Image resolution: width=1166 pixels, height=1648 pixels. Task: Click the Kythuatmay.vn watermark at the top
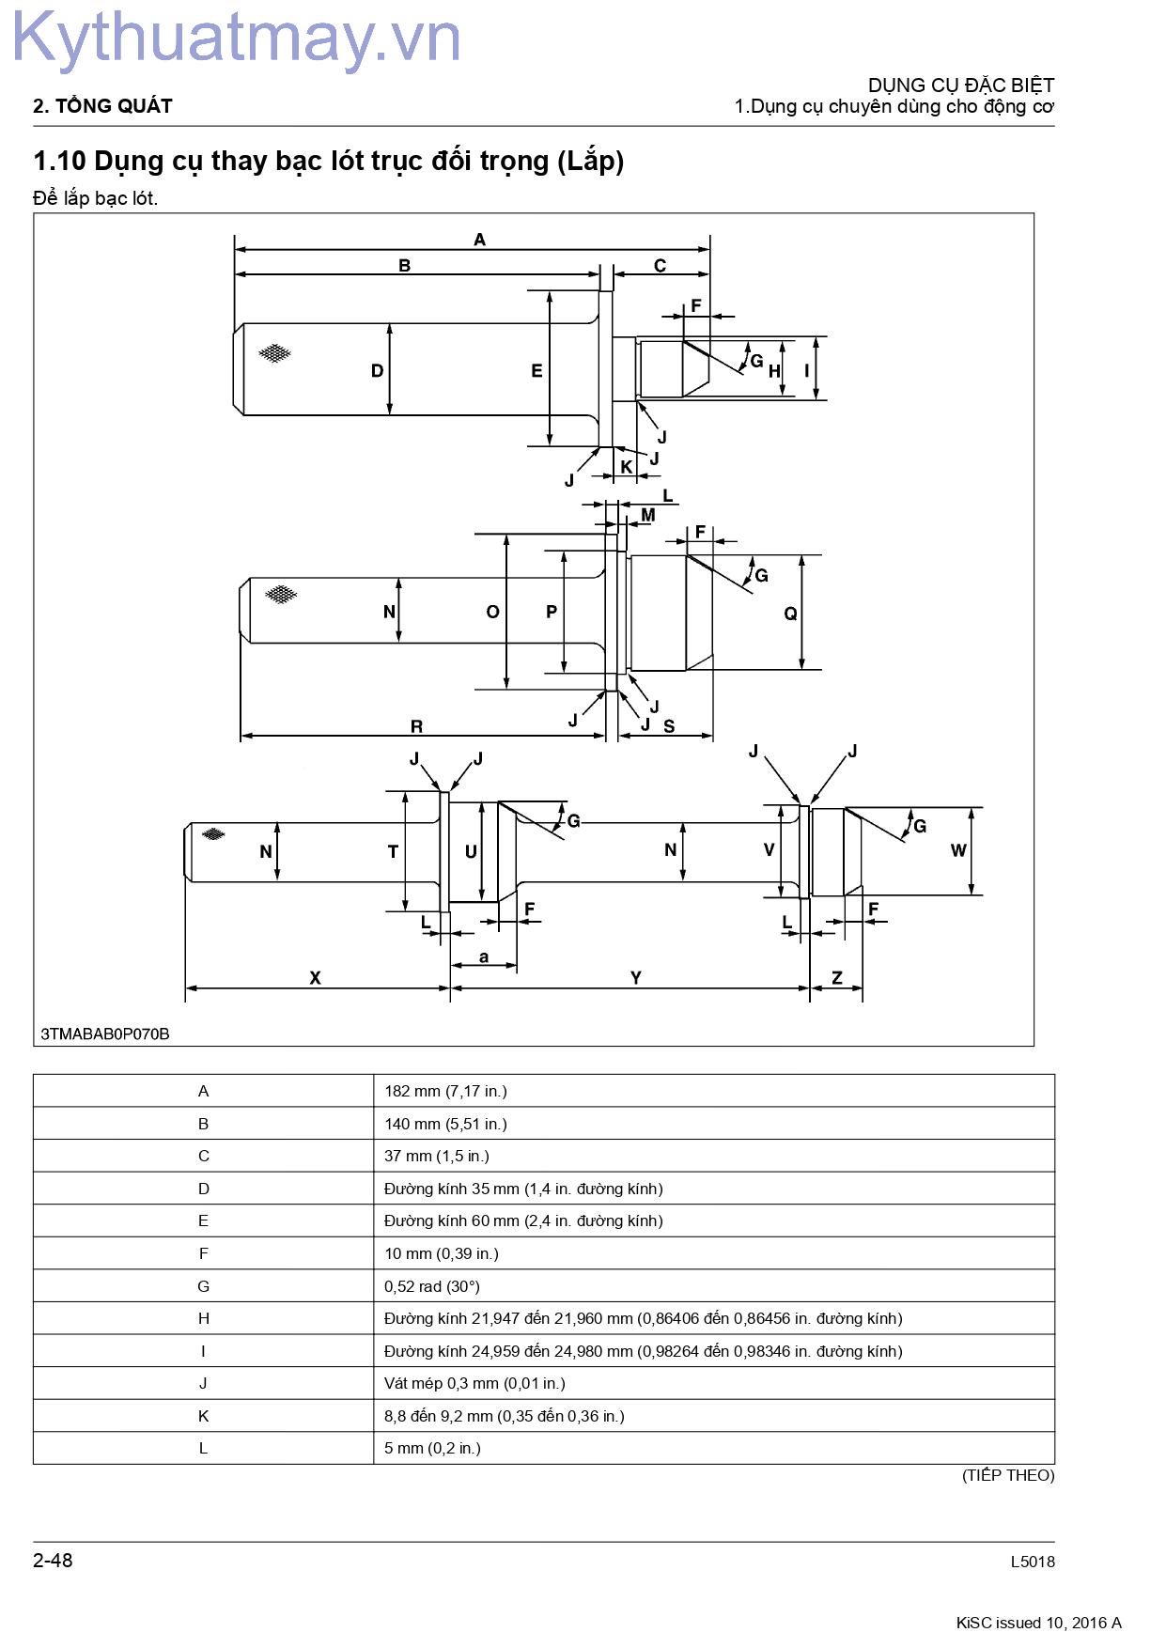(x=236, y=40)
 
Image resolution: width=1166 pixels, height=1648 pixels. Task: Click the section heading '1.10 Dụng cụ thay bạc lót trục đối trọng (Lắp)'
(x=329, y=162)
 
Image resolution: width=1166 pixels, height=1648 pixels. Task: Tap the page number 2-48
(x=53, y=1561)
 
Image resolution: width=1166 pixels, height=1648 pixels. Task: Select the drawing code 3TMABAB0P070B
(x=105, y=1034)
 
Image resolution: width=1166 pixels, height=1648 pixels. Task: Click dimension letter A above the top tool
(x=479, y=240)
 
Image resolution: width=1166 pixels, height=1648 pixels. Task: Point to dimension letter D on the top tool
(x=377, y=371)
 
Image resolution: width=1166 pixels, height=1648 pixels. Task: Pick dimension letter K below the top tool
(x=627, y=467)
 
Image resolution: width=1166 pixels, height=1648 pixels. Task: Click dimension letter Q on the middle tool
(x=790, y=614)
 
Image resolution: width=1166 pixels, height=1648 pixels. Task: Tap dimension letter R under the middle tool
(x=417, y=726)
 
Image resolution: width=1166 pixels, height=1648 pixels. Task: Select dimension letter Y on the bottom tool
(x=636, y=978)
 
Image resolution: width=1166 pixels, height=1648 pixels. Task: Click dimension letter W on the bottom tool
(x=958, y=850)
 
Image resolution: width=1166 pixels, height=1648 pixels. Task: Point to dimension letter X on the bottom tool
(x=315, y=978)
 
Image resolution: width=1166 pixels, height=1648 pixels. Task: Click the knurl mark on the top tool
(x=274, y=353)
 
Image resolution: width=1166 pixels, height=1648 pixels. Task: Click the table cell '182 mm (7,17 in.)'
(x=445, y=1091)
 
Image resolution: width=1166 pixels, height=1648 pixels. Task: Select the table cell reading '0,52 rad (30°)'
(x=432, y=1286)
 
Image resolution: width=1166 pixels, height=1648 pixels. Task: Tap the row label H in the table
(x=203, y=1318)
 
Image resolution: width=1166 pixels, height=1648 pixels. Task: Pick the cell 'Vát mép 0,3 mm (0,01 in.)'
(x=474, y=1383)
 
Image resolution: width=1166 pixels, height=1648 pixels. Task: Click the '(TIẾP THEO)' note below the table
(x=1008, y=1475)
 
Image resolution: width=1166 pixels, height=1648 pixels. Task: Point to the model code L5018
(x=1033, y=1562)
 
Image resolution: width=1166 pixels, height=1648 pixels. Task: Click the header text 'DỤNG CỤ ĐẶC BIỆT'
(x=961, y=85)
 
